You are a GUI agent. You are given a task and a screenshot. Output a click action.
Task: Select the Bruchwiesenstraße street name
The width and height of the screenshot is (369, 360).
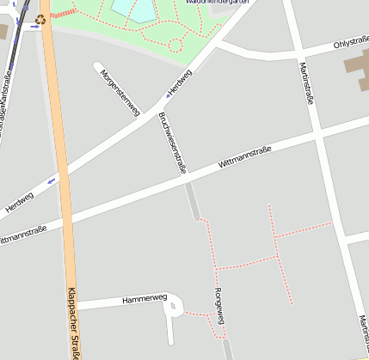pos(172,145)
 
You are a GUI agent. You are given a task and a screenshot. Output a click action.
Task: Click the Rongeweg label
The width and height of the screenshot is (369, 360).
pos(218,306)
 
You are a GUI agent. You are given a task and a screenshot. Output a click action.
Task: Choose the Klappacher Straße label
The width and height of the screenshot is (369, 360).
pos(74,323)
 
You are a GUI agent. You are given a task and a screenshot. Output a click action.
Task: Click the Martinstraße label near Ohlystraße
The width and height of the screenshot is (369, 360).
pos(304,82)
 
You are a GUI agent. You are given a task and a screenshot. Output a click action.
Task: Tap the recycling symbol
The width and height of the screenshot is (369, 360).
pos(40,19)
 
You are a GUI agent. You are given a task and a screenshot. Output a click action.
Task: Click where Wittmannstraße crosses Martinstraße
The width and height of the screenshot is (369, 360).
pos(319,135)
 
